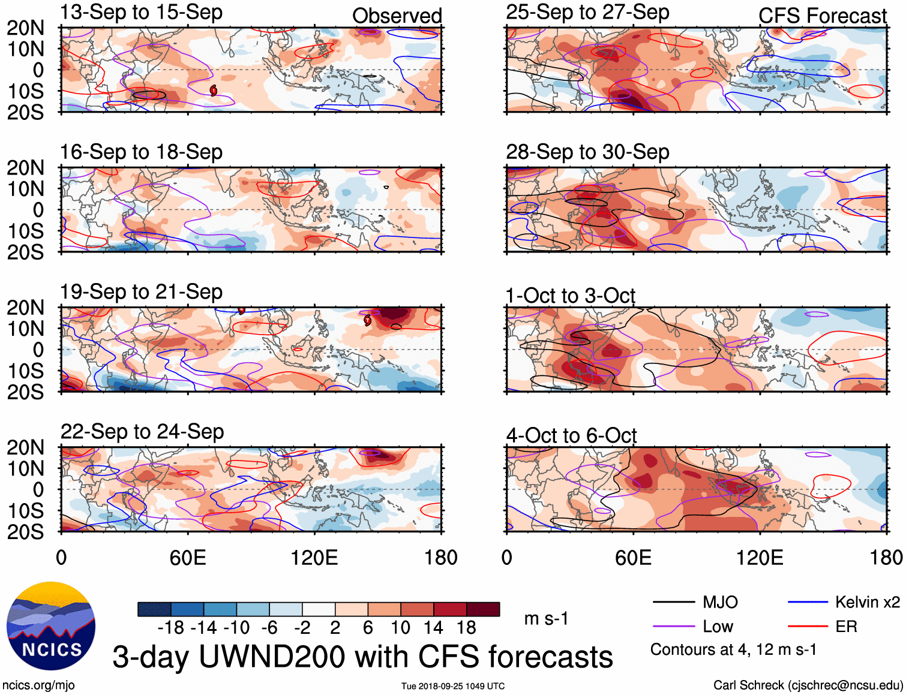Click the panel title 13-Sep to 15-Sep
(x=141, y=13)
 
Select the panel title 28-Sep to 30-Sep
(x=587, y=152)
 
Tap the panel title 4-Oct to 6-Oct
(x=571, y=435)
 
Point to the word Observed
(x=397, y=16)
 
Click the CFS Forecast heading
(x=822, y=16)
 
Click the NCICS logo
(x=51, y=625)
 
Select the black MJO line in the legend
(x=673, y=602)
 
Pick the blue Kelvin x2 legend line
(x=808, y=602)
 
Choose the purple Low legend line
(x=673, y=627)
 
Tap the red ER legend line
(x=808, y=627)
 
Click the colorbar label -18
(x=170, y=628)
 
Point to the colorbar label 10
(x=400, y=628)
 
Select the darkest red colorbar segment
(x=483, y=609)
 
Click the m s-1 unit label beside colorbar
(x=546, y=619)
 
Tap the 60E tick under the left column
(x=188, y=558)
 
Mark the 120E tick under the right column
(x=760, y=558)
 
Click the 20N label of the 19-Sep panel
(x=25, y=308)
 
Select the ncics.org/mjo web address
(x=38, y=685)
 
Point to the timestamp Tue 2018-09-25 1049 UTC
(x=453, y=686)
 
